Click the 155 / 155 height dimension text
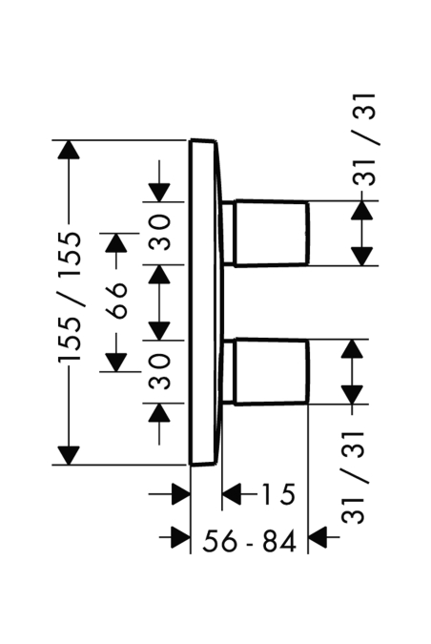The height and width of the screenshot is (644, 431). coord(70,297)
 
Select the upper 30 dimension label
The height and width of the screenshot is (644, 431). coord(159,233)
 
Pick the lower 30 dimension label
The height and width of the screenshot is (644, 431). coord(159,372)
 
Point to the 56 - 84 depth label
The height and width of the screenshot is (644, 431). coord(249,541)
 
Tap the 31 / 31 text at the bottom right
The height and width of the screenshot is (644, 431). coord(353,477)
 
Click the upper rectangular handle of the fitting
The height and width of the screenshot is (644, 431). coord(272,233)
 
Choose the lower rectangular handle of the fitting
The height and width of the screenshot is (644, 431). coord(272,372)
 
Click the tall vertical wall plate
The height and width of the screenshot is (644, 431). coord(204,302)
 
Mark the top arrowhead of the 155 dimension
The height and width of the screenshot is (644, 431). coord(69,150)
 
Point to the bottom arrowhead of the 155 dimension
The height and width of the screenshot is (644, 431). coord(69,455)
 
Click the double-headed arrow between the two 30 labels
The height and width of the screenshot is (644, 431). coord(159,302)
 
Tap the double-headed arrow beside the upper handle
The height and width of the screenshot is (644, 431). coord(361,233)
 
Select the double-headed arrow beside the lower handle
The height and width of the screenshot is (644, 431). coord(352,372)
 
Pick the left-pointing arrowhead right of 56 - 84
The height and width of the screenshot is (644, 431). coord(318,537)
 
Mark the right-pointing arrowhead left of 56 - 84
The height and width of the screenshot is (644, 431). coord(180,537)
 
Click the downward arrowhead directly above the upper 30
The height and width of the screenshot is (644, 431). coord(159,192)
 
